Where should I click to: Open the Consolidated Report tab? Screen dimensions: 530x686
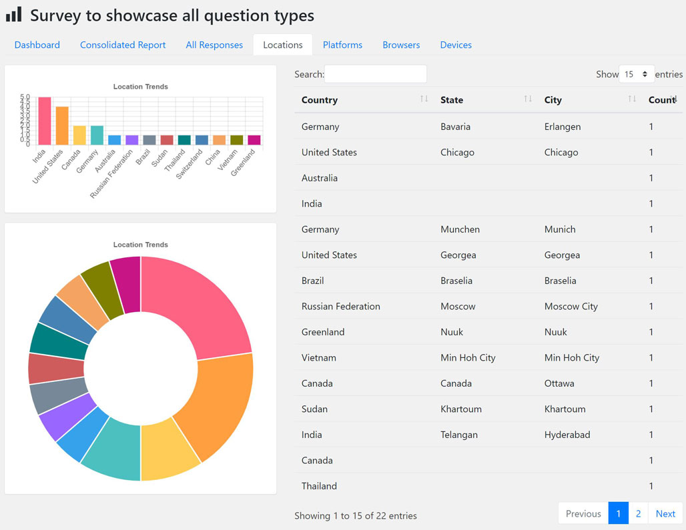pyautogui.click(x=123, y=45)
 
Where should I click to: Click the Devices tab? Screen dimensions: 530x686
pyautogui.click(x=456, y=45)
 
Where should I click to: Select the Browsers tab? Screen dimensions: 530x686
pyautogui.click(x=401, y=45)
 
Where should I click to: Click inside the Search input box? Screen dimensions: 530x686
pyautogui.click(x=375, y=74)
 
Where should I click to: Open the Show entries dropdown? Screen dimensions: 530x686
pyautogui.click(x=636, y=74)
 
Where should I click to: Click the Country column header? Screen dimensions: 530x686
pyautogui.click(x=320, y=100)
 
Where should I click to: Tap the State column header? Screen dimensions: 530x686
pyautogui.click(x=452, y=100)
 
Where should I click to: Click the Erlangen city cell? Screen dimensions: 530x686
pyautogui.click(x=563, y=127)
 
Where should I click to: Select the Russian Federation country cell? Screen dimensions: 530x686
pyautogui.click(x=341, y=307)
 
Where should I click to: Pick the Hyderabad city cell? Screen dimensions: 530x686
pyautogui.click(x=567, y=435)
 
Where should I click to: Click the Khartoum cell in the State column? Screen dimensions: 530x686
pyautogui.click(x=461, y=409)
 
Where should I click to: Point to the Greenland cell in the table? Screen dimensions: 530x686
pyautogui.click(x=323, y=332)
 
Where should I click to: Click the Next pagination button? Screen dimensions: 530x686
pyautogui.click(x=665, y=513)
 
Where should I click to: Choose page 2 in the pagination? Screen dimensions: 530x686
pyautogui.click(x=638, y=513)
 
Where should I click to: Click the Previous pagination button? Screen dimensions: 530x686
pyautogui.click(x=583, y=513)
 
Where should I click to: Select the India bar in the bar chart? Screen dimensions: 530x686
pyautogui.click(x=45, y=121)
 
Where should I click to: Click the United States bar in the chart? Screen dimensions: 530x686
pyautogui.click(x=62, y=125)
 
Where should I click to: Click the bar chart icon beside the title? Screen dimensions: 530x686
pyautogui.click(x=14, y=15)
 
